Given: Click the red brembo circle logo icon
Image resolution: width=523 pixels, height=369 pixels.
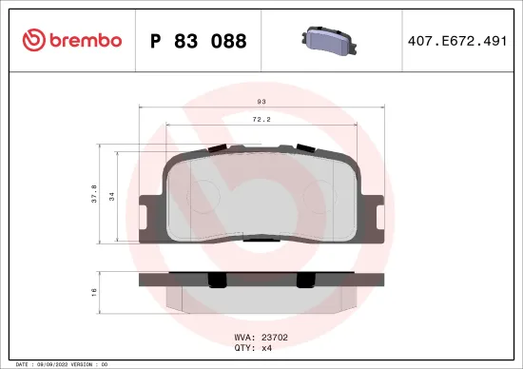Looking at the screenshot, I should (32, 40).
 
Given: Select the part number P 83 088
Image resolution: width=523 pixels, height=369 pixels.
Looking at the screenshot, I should (199, 41).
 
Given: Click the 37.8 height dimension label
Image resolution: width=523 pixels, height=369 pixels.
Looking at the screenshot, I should (93, 194).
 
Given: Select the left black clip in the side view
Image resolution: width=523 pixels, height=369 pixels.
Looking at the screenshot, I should (218, 280).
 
